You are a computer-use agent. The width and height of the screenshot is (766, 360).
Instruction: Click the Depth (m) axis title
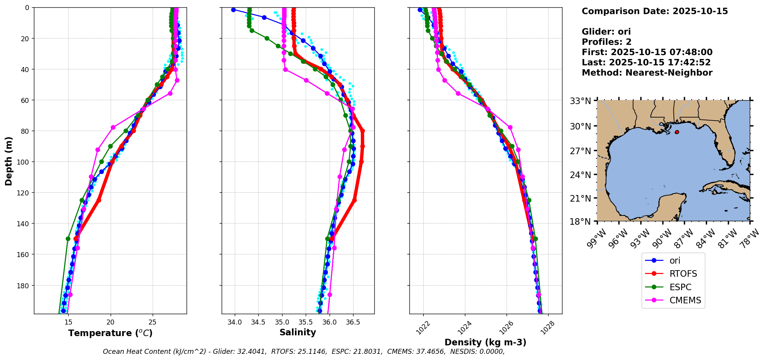8,161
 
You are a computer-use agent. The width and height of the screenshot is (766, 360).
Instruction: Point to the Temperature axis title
110,333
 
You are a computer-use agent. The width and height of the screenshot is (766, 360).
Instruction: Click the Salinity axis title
298,333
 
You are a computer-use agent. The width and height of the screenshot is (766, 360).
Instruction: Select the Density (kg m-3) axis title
485,342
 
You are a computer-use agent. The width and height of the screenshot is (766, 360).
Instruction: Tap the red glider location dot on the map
677,132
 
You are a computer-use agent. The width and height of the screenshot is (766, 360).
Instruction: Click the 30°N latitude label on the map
581,126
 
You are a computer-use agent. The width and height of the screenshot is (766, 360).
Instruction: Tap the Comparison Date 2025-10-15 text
655,11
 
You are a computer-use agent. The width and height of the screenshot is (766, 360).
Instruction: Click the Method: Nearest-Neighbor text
647,73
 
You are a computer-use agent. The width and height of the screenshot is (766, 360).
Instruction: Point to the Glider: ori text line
606,32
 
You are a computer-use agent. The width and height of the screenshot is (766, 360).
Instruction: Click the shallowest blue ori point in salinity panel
233,10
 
